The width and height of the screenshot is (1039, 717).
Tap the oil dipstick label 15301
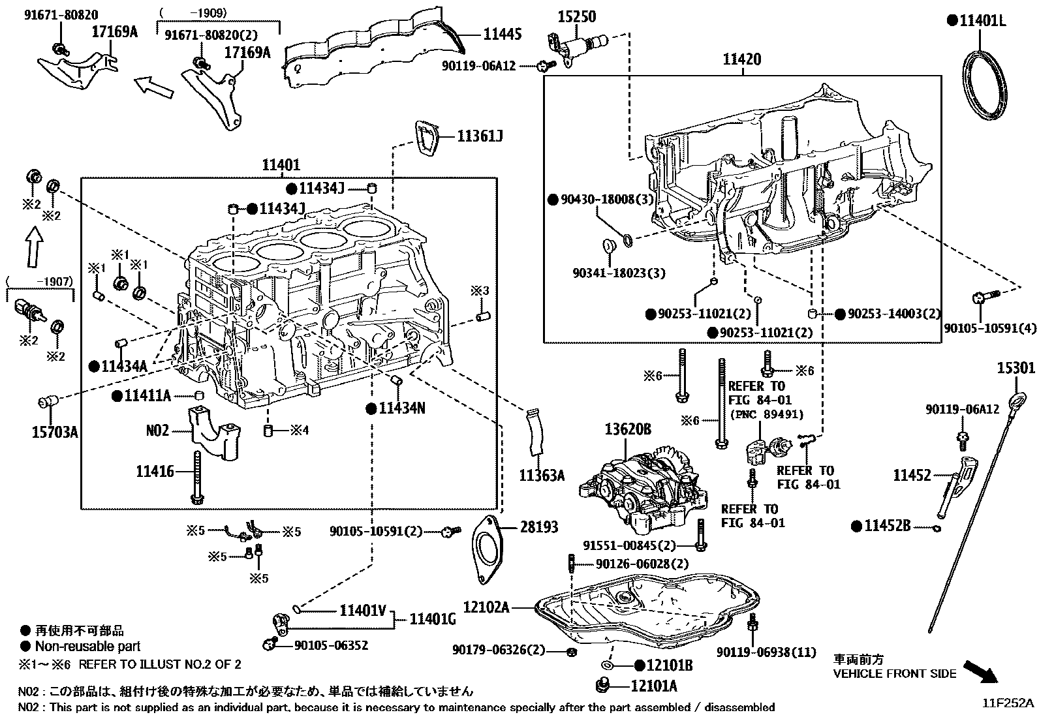click(1016, 369)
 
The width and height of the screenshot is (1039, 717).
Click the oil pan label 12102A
click(486, 607)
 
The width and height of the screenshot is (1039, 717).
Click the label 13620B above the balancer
click(627, 429)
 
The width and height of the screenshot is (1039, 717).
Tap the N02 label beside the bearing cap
click(157, 431)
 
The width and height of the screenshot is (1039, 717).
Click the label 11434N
click(402, 408)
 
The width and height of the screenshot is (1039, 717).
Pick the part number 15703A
click(55, 431)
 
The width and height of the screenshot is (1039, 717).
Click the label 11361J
click(480, 136)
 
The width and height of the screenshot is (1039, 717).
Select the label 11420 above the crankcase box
click(741, 60)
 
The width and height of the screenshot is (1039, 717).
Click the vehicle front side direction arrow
click(982, 671)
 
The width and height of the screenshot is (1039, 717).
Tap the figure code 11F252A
click(1010, 703)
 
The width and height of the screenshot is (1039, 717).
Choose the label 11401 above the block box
click(281, 165)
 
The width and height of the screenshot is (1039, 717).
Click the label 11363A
click(542, 475)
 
